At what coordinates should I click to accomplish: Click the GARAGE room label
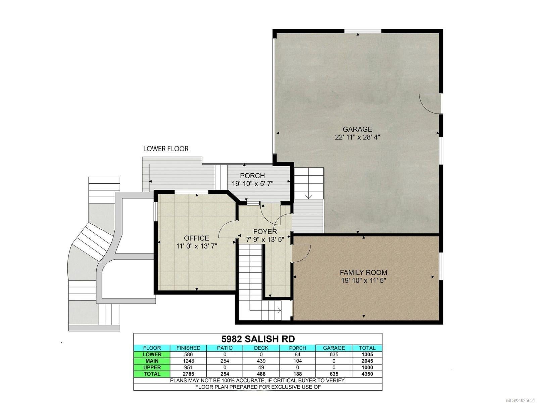357,129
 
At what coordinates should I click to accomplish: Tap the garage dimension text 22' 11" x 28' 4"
357,137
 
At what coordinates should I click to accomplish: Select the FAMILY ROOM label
363,272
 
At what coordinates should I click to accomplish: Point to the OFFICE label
196,238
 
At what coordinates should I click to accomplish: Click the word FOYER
265,231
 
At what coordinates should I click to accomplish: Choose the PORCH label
252,175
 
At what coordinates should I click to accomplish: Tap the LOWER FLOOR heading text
166,148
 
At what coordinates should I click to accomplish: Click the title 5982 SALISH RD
258,339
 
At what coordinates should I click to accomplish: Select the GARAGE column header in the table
334,348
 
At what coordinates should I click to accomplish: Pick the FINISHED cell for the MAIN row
188,361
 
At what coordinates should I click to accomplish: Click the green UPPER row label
152,367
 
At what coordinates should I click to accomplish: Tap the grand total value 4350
367,374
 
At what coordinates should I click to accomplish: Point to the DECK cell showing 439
261,361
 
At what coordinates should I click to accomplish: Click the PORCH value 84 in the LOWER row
297,354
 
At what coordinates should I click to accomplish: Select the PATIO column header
225,348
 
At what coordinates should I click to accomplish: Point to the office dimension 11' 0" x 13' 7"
197,246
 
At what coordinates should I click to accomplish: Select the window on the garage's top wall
363,31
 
